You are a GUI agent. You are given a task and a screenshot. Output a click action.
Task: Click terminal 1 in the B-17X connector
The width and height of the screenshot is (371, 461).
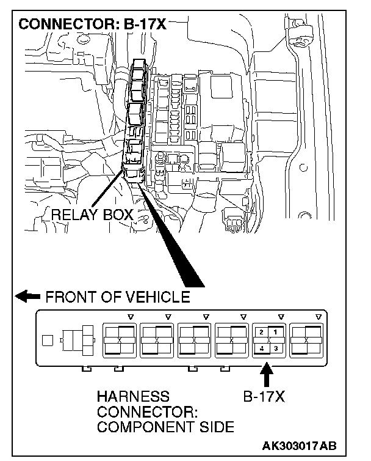275,332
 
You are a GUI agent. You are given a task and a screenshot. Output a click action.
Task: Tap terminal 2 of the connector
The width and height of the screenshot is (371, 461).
261,332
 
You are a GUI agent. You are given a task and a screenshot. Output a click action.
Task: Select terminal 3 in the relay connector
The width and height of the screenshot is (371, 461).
275,348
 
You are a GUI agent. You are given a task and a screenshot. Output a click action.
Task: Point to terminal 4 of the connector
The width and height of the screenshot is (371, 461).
261,348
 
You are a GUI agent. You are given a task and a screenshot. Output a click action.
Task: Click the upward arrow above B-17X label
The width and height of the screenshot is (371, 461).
267,373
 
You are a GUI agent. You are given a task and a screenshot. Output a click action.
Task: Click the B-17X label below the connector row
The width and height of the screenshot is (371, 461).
264,397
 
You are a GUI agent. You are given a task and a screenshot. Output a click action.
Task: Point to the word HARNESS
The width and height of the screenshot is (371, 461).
132,397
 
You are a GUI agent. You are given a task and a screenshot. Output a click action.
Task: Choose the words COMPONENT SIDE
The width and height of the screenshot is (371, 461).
165,427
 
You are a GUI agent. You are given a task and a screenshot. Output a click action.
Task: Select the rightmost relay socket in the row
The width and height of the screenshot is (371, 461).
306,339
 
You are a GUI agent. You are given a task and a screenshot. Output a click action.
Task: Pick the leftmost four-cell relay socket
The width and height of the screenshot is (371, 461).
119,339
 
